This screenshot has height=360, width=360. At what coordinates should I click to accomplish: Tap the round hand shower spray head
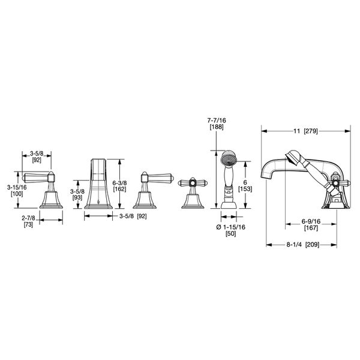229,160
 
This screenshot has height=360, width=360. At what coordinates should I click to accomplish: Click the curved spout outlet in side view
267,174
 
